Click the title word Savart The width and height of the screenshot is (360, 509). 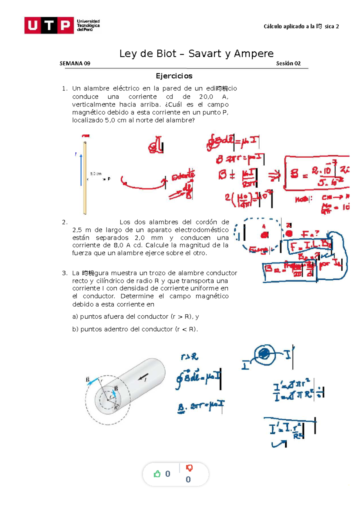pyautogui.click(x=205, y=54)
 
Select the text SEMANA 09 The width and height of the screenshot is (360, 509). pyautogui.click(x=75, y=63)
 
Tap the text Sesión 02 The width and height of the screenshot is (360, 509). pyautogui.click(x=288, y=63)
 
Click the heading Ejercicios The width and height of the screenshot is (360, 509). pyautogui.click(x=174, y=76)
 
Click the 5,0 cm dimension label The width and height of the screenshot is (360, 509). pyautogui.click(x=96, y=174)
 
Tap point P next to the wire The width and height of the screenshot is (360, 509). pyautogui.click(x=109, y=179)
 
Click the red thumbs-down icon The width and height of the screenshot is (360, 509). pyautogui.click(x=189, y=468)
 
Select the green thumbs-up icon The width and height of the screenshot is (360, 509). pyautogui.click(x=157, y=474)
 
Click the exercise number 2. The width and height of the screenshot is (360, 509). pyautogui.click(x=64, y=222)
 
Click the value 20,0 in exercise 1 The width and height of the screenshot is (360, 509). pyautogui.click(x=206, y=97)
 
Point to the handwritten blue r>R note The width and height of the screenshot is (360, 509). pyautogui.click(x=190, y=357)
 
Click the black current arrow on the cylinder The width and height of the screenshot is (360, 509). pyautogui.click(x=143, y=377)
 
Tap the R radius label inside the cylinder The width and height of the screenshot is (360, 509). pyautogui.click(x=116, y=407)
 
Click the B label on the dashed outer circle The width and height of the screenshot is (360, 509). pyautogui.click(x=88, y=380)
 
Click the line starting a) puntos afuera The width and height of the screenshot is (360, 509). pyautogui.click(x=135, y=317)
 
